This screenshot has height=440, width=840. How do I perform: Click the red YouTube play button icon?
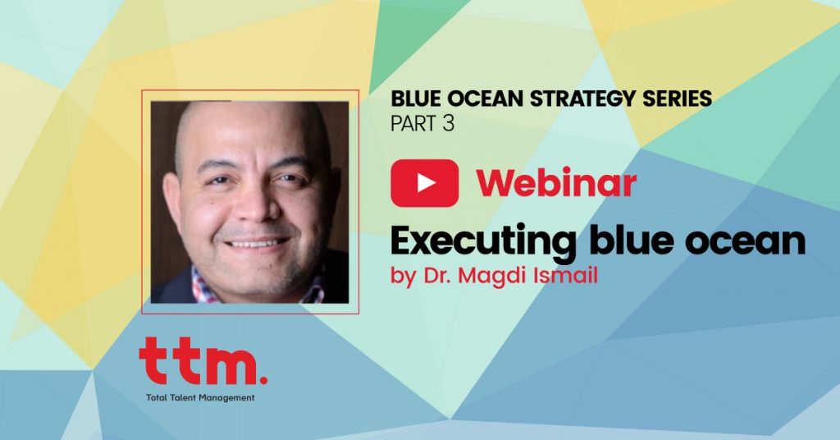point(424,183)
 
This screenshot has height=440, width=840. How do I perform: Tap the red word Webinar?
point(556,183)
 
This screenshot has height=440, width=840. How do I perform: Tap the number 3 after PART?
point(449,123)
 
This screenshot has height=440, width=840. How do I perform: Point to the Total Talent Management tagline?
point(200,397)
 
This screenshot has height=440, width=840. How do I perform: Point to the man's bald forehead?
point(250,131)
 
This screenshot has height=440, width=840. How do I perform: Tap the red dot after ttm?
point(263,380)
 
